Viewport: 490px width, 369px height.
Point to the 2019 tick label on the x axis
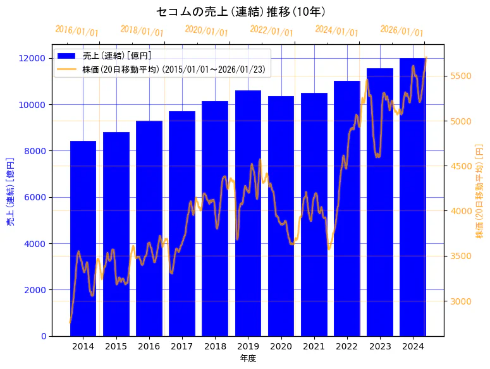pos(248,346)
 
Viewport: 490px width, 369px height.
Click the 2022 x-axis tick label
pos(346,346)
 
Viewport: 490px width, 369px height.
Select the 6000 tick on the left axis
pos(36,197)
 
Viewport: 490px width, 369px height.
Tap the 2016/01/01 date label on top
pos(77,31)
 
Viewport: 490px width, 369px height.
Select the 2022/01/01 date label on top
pos(272,31)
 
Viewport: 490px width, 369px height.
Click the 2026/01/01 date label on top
pos(401,31)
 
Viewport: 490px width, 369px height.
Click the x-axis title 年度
pos(248,358)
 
